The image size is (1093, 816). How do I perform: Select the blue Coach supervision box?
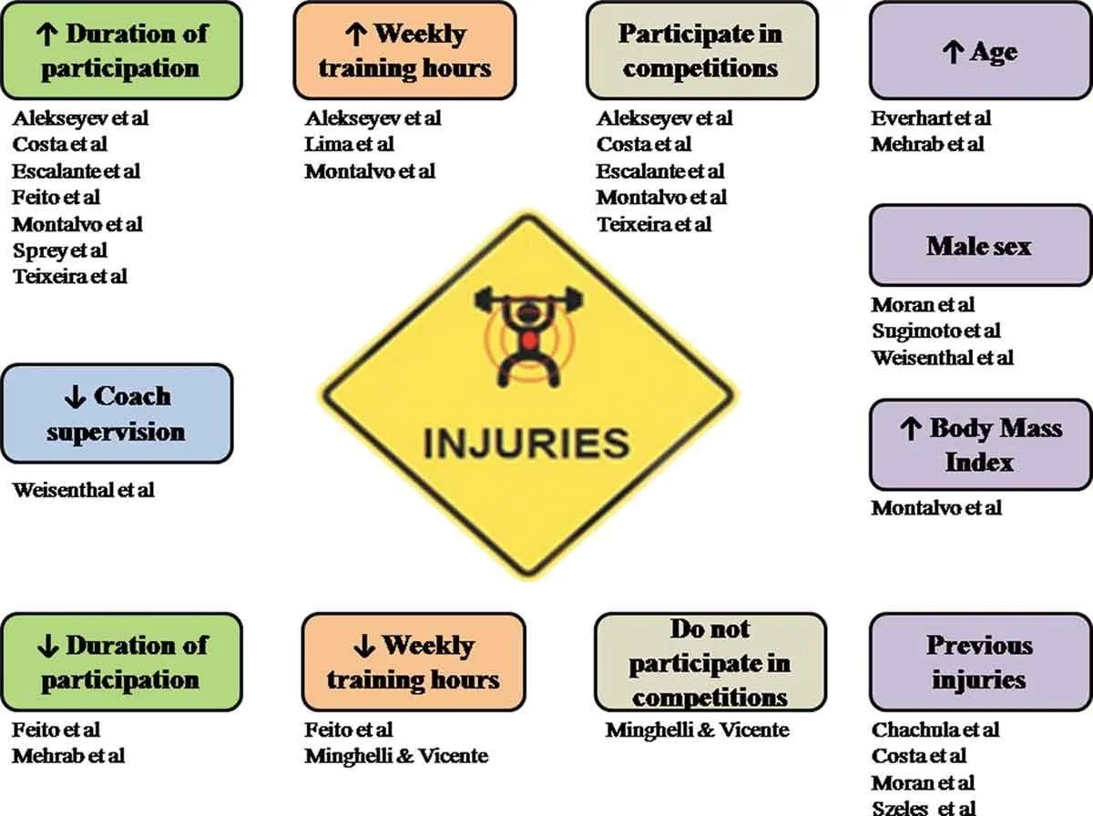coord(117,413)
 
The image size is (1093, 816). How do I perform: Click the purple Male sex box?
coord(979,246)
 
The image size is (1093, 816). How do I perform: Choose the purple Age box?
coord(979,52)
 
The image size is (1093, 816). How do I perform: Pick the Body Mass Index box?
coord(979,444)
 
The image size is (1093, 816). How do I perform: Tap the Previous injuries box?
coord(979,662)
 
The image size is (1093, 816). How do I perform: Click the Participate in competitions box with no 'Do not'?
coord(700,51)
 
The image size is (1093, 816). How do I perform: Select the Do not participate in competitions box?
coord(710,662)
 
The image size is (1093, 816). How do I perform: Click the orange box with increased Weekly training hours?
coord(405,51)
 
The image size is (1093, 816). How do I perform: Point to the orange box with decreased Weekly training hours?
coord(414,662)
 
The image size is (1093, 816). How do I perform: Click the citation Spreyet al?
coord(60,250)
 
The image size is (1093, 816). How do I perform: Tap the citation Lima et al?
coord(350,145)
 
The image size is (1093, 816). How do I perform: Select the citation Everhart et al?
coord(930,118)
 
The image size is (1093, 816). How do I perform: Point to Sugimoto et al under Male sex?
coord(935,331)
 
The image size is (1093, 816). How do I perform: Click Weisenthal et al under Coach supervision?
coord(84,490)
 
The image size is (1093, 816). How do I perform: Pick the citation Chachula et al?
coord(935,729)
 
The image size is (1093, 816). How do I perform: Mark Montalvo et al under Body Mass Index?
coord(935,508)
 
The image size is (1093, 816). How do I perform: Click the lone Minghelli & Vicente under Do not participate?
coord(697,729)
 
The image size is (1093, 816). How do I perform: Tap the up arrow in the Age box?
coord(953,52)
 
